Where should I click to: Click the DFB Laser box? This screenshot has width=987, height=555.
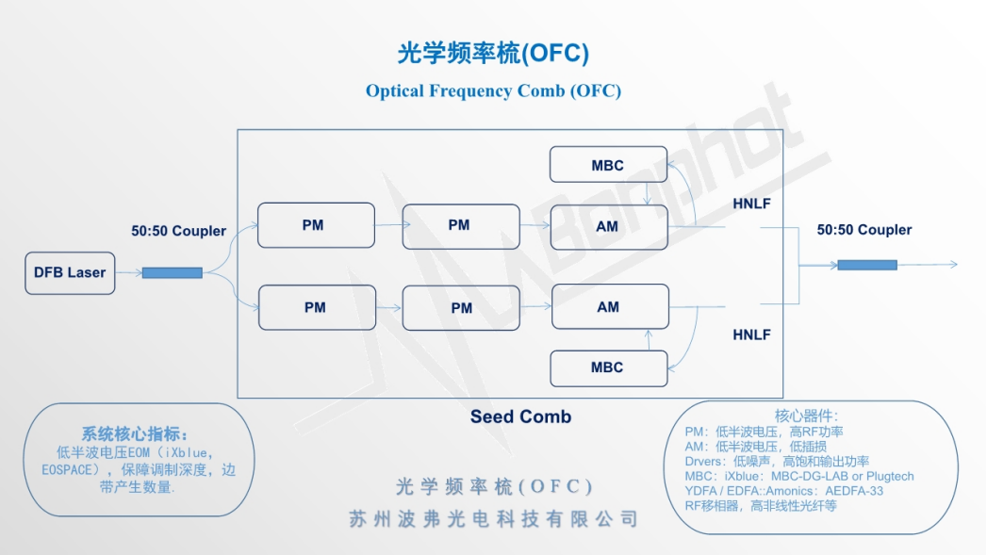tap(70, 272)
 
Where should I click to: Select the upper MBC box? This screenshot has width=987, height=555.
tap(608, 165)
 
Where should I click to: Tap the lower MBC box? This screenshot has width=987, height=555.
tap(608, 367)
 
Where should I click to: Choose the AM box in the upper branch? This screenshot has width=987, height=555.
tap(608, 226)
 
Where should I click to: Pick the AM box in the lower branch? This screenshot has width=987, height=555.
tap(609, 307)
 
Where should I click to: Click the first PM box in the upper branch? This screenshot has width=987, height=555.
tap(314, 226)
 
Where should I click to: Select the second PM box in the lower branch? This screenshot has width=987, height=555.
tap(461, 308)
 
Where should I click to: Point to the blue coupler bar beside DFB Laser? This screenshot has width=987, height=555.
tap(172, 273)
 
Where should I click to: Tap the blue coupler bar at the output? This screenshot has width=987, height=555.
tap(867, 265)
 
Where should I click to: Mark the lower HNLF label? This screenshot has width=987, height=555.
tap(751, 335)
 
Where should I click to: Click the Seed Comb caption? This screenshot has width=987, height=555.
tap(520, 416)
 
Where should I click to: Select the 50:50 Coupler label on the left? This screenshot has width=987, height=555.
tap(178, 231)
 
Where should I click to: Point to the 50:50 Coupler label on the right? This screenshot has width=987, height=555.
tap(864, 230)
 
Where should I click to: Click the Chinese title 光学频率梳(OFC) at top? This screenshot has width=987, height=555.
tap(493, 54)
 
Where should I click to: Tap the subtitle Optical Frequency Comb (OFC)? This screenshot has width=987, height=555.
tap(493, 91)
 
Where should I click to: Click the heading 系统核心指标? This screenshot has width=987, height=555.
tap(134, 434)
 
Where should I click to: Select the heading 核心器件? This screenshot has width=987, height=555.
tap(806, 416)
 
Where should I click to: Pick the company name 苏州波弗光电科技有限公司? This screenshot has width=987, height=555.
tap(493, 519)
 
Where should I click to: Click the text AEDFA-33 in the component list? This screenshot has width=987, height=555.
tap(852, 491)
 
